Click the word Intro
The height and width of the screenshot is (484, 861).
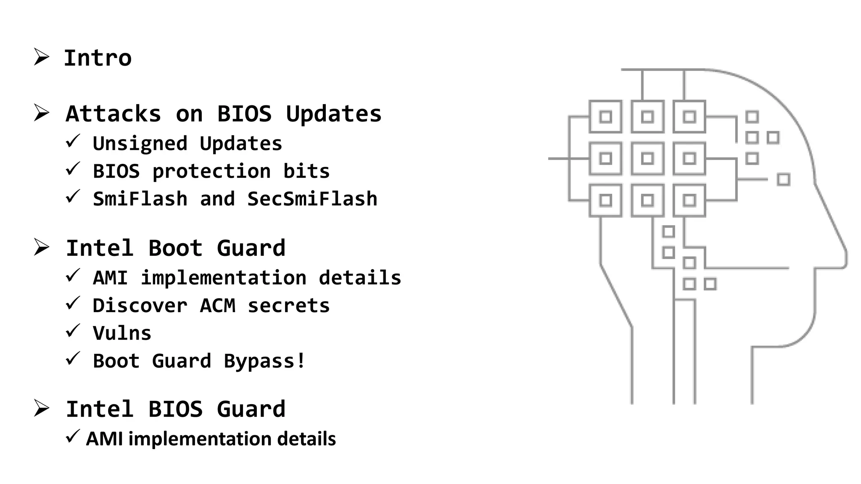click(x=98, y=58)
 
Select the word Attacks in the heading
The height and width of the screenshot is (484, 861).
click(x=113, y=114)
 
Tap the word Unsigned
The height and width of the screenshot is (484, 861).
click(x=140, y=144)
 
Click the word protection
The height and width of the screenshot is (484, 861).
click(x=211, y=171)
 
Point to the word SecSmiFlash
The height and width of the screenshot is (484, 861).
click(x=312, y=199)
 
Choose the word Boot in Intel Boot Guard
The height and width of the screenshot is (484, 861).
click(x=175, y=248)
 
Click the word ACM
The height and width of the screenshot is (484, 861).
click(x=217, y=305)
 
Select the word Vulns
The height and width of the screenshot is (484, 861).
click(x=122, y=333)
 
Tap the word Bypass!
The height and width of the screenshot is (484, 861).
click(x=264, y=361)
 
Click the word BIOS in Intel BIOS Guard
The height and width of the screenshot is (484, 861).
click(x=175, y=409)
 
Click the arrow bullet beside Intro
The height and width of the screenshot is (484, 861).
click(x=41, y=57)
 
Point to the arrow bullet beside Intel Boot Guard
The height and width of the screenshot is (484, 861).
click(x=41, y=247)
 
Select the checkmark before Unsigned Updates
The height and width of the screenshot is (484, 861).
click(x=73, y=141)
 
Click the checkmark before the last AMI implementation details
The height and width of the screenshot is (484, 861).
click(x=73, y=437)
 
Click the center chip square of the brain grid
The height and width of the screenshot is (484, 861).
click(x=647, y=158)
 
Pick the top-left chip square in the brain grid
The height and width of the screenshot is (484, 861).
click(x=605, y=117)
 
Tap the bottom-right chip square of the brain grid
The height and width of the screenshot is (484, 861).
click(x=689, y=200)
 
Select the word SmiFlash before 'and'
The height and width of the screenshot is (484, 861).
click(x=140, y=199)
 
